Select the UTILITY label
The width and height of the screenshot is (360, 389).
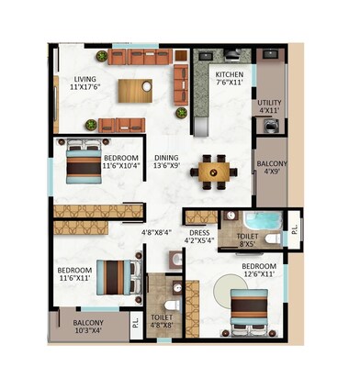pyautogui.click(x=270, y=103)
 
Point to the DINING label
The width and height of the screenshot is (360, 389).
pyautogui.click(x=166, y=157)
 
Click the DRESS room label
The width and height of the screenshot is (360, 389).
pyautogui.click(x=199, y=233)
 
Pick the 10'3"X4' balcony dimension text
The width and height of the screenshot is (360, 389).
pyautogui.click(x=84, y=333)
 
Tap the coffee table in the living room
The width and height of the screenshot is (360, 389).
pyautogui.click(x=134, y=91)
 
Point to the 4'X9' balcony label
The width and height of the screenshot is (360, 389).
pyautogui.click(x=272, y=169)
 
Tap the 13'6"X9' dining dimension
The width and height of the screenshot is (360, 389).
pyautogui.click(x=166, y=167)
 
